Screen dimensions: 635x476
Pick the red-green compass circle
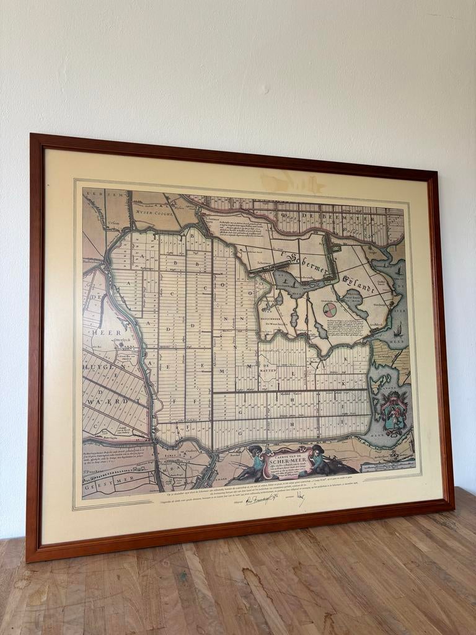click(x=330, y=309)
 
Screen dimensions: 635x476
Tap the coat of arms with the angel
click(x=393, y=411)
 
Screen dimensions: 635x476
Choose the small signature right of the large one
click(x=300, y=497)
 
